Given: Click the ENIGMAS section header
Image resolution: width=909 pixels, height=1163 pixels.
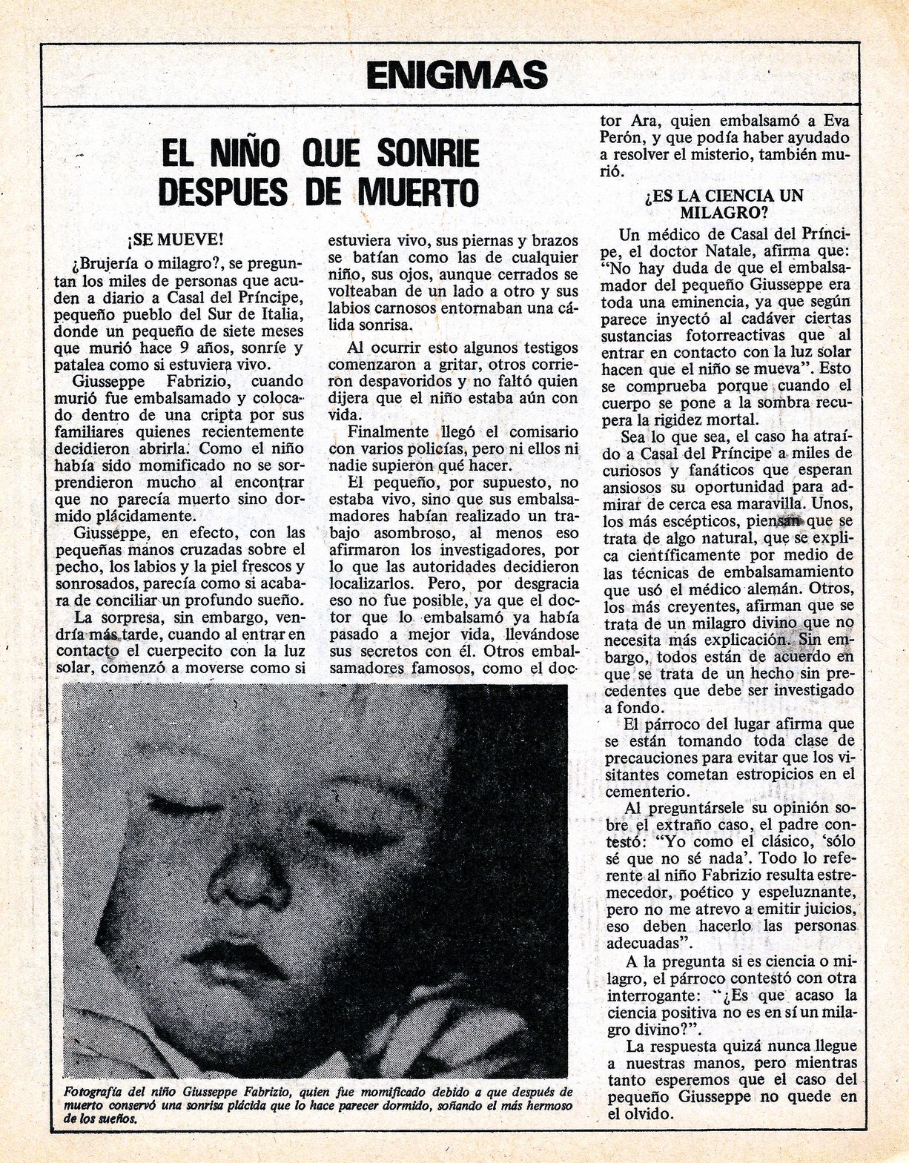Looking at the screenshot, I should click(x=457, y=75).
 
